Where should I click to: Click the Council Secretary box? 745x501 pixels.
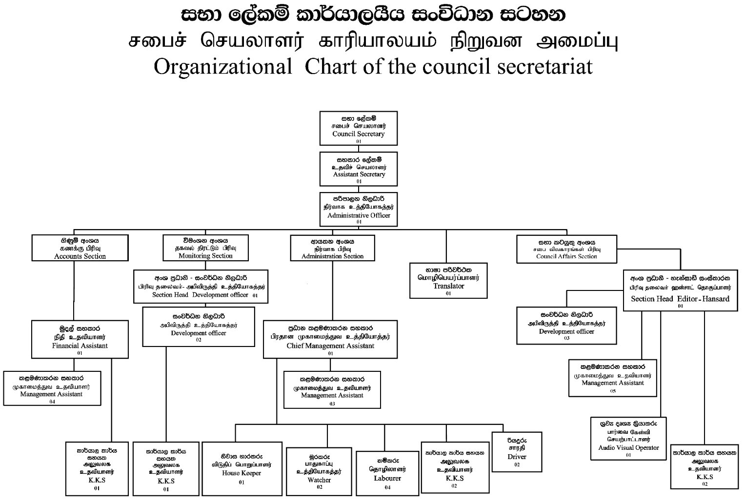click(x=358, y=128)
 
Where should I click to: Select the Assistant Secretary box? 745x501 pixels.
click(x=358, y=169)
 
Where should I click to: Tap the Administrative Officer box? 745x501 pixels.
click(x=358, y=209)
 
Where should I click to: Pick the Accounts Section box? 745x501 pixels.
click(x=80, y=248)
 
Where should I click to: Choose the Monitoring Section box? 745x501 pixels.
click(x=205, y=248)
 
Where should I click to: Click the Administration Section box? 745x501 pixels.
click(x=332, y=248)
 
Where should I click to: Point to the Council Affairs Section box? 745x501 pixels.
click(x=566, y=249)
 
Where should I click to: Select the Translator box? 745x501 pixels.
click(x=448, y=281)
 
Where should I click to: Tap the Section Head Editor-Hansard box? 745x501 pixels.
click(x=680, y=290)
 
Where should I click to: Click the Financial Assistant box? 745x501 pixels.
click(x=80, y=339)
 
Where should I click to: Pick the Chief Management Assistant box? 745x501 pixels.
click(x=330, y=339)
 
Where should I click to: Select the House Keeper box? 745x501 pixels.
click(x=242, y=468)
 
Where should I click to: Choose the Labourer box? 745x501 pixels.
click(x=387, y=473)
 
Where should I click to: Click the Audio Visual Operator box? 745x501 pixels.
click(x=628, y=439)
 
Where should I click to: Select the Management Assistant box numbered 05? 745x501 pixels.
click(x=612, y=378)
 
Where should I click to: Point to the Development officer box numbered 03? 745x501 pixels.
click(x=566, y=326)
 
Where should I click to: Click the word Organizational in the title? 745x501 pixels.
click(x=222, y=67)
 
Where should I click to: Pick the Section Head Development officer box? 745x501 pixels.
click(x=201, y=287)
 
